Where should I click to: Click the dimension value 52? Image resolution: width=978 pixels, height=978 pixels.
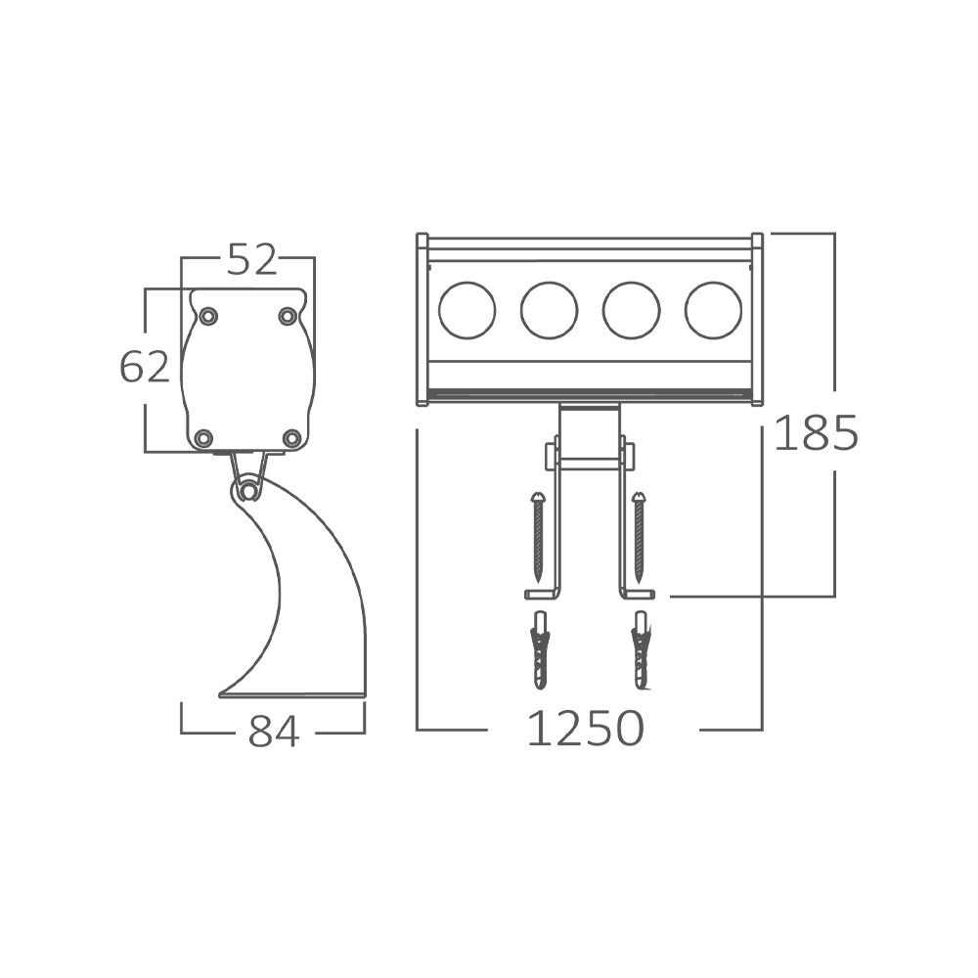click(252, 259)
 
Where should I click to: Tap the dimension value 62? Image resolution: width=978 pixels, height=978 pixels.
click(145, 367)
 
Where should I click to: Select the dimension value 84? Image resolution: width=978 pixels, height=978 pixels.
click(273, 731)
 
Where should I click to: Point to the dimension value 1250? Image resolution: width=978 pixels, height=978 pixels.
click(585, 729)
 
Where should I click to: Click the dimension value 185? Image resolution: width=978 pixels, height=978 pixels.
click(816, 433)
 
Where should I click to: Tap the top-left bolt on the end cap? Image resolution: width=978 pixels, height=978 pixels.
click(208, 316)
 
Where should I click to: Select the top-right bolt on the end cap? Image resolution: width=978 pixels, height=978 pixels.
click(288, 316)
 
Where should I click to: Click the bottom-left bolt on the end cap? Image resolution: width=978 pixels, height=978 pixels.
click(203, 437)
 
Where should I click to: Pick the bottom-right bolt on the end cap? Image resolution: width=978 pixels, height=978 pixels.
click(291, 437)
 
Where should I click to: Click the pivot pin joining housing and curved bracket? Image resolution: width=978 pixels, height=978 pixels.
click(250, 490)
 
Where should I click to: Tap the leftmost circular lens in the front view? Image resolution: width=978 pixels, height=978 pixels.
click(467, 310)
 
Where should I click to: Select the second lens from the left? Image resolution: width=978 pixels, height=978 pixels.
click(549, 310)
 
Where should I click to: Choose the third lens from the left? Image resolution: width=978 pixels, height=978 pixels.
click(631, 310)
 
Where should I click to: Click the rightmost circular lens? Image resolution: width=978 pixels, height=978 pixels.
click(713, 310)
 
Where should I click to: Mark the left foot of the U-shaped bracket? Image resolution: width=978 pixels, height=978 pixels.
click(541, 594)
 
